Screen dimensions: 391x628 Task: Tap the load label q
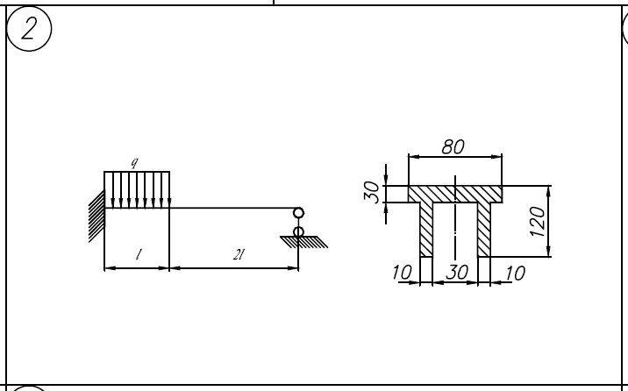pos(133,163)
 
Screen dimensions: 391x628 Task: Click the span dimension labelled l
pos(138,256)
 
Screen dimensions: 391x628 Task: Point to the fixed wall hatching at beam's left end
pos(96,217)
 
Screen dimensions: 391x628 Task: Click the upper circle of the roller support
pos(299,212)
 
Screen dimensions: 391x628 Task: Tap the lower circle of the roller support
pos(299,231)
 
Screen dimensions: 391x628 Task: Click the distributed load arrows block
pos(137,190)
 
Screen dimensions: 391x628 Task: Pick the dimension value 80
pos(453,147)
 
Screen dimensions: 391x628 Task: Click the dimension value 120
pos(538,221)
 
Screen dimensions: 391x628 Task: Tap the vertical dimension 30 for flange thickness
pos(373,191)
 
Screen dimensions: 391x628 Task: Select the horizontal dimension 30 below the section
pos(455,273)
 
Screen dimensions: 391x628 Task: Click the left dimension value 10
pos(403,273)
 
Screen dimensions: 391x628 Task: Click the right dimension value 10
pos(515,273)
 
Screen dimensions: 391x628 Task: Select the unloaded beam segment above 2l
pos(232,209)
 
